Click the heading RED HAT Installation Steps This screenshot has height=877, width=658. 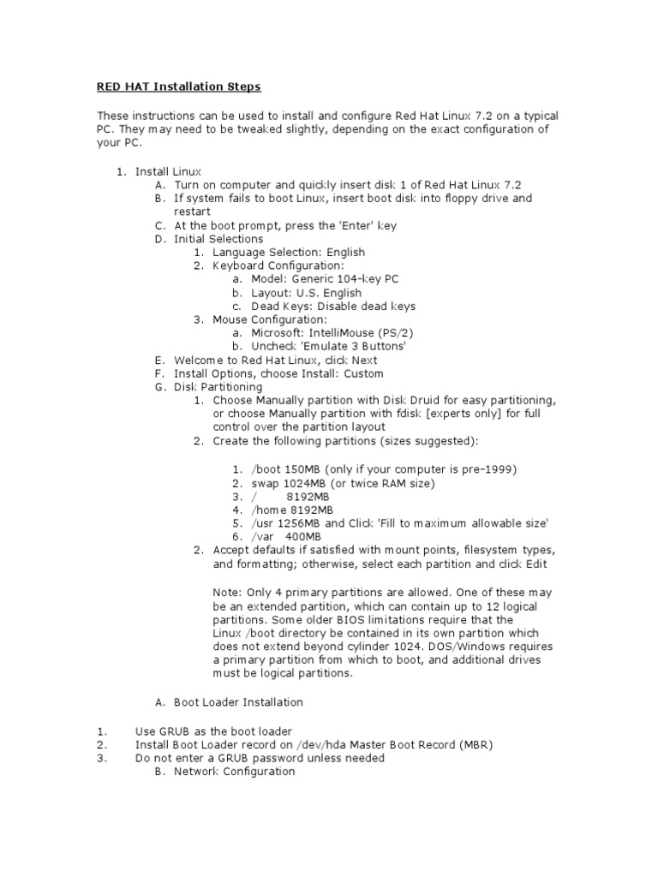(x=178, y=87)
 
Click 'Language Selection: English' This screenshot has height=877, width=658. (x=289, y=252)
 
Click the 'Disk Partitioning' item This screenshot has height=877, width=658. (x=218, y=387)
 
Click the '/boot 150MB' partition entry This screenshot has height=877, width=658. (x=292, y=469)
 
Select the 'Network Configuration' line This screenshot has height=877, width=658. (x=234, y=772)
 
